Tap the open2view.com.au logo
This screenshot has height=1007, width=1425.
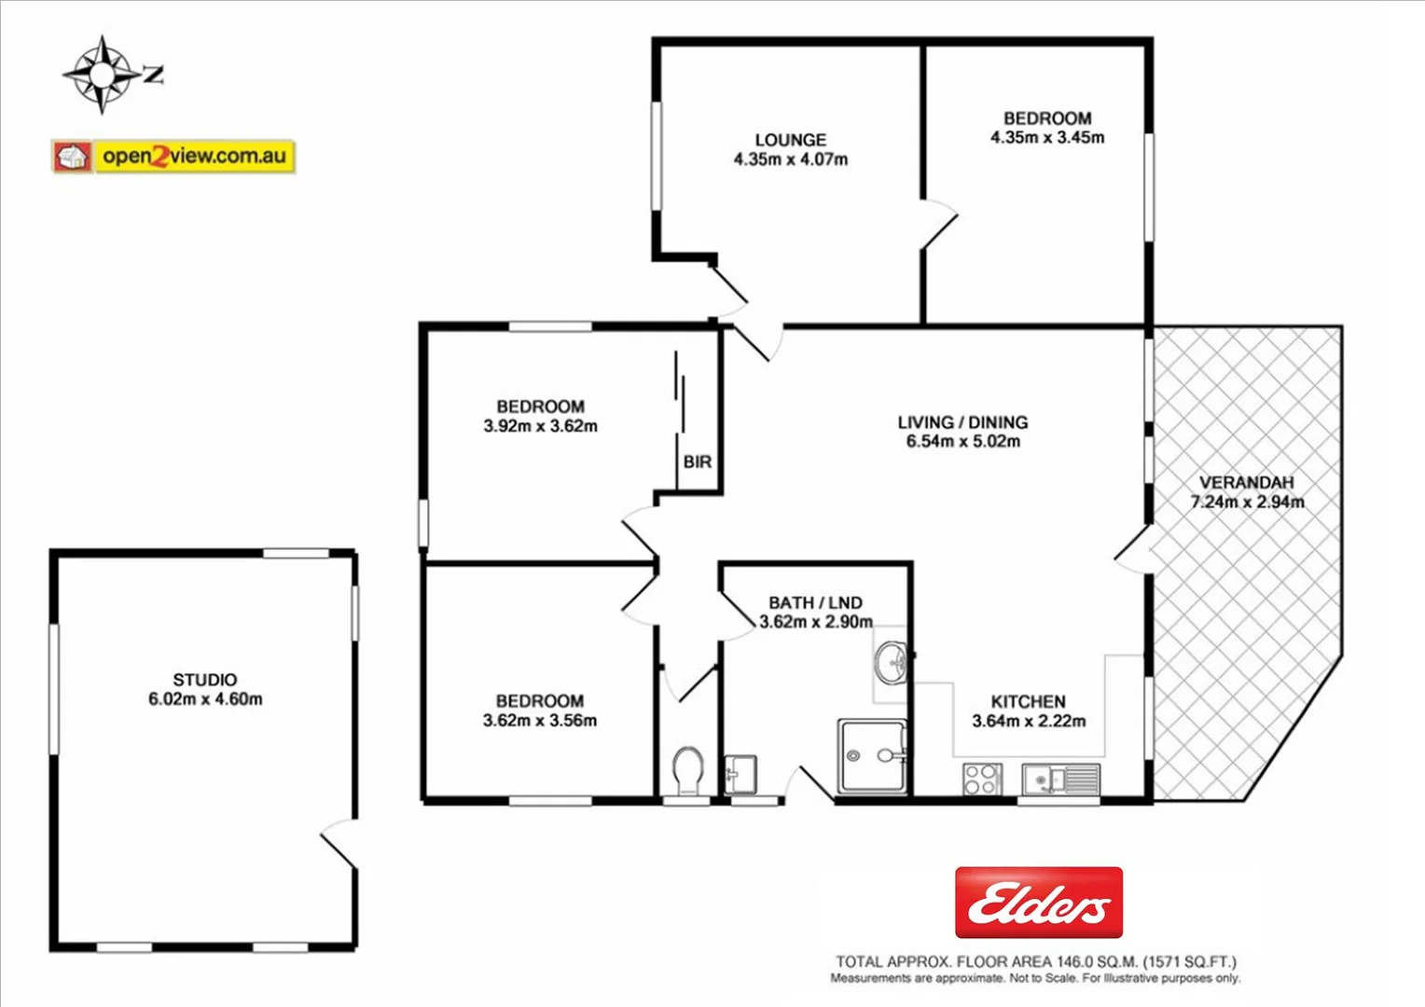[x=174, y=156]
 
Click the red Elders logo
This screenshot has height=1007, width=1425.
[x=1038, y=903]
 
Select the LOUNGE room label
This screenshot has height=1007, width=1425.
[x=790, y=140]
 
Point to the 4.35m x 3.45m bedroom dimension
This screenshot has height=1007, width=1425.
[x=1047, y=138]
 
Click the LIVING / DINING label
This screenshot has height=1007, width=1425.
[x=962, y=422]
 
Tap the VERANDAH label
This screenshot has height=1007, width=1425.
[x=1246, y=482]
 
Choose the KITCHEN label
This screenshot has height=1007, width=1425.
[x=1028, y=701]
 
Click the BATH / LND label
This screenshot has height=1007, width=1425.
[x=815, y=603]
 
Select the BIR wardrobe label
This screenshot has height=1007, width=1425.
[x=697, y=462]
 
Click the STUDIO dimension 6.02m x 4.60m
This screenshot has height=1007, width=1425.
[x=205, y=699]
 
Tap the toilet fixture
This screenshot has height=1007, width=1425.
[x=687, y=770]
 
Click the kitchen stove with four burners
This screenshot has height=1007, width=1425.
[x=982, y=779]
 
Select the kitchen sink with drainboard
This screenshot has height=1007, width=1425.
[x=1060, y=779]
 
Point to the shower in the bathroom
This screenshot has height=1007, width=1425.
[x=872, y=756]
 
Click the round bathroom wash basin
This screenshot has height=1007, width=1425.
[x=892, y=662]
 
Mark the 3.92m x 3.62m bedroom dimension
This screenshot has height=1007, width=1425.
[x=540, y=426]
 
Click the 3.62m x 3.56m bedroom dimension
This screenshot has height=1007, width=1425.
[x=539, y=721]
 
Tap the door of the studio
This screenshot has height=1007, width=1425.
[x=339, y=844]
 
